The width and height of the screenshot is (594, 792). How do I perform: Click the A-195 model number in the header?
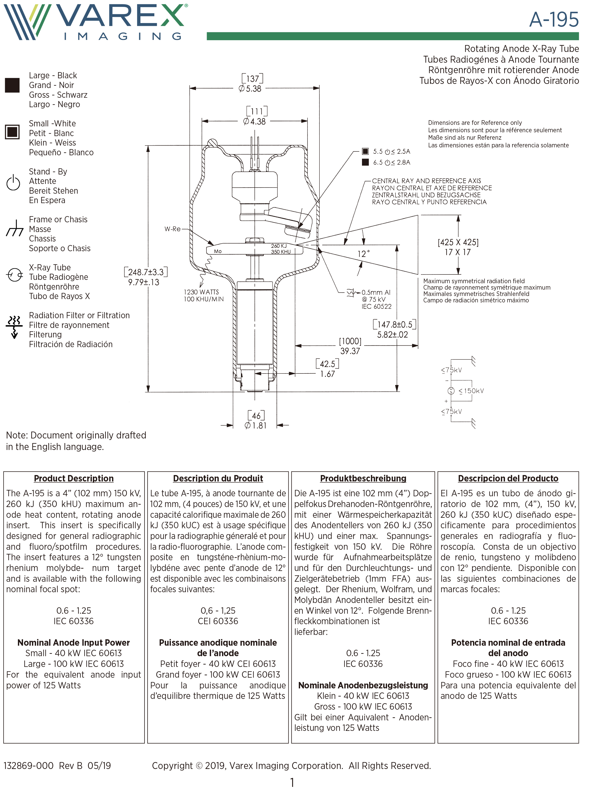554,20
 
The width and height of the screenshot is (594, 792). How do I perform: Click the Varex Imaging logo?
95,21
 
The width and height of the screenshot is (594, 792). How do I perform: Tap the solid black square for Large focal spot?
12,85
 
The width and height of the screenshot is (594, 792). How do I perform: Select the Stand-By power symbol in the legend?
13,183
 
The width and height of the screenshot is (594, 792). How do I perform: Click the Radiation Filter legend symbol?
14,326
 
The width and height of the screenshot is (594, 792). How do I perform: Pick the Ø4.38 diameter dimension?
255,121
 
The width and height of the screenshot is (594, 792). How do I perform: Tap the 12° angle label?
364,254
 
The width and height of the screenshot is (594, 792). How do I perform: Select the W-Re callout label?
172,229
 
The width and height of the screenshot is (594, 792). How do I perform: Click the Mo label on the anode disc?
218,251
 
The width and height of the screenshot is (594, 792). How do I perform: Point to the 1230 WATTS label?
201,292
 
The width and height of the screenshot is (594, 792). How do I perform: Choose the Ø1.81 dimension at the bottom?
256,425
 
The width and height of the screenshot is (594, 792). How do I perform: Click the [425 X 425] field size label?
458,243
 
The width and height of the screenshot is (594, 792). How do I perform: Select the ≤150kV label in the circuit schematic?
471,391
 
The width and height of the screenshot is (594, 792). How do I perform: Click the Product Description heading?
74,478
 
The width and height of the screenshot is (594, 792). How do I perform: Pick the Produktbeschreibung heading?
363,478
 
